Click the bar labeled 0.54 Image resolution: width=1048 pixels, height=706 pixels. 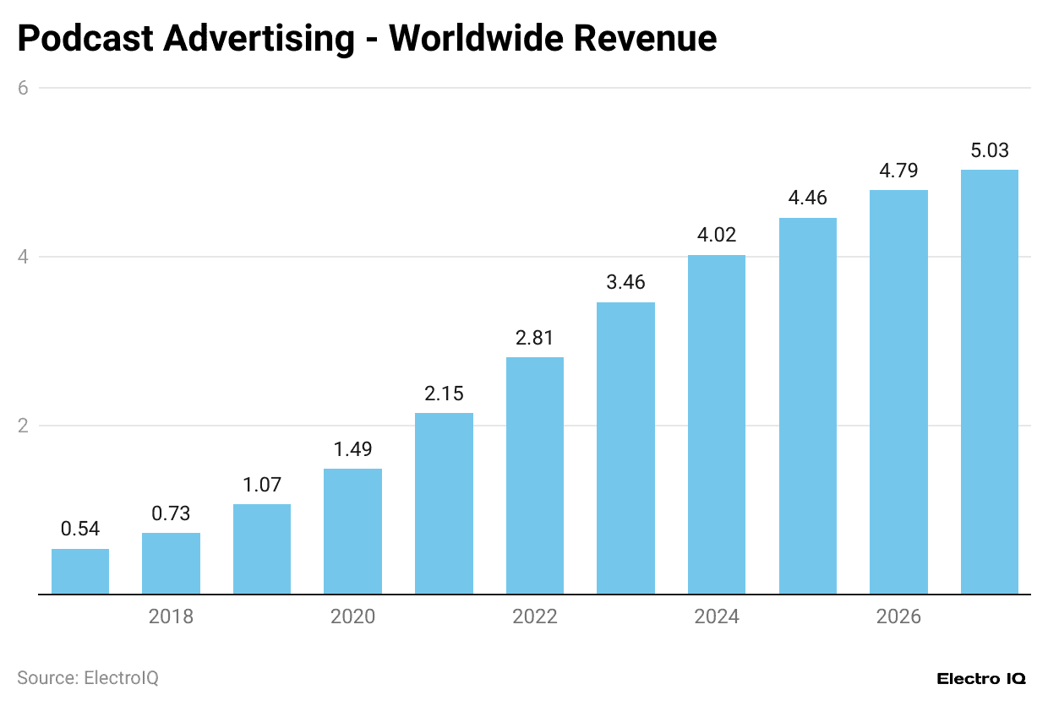[x=80, y=572]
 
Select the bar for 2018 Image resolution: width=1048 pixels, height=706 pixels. [x=171, y=563]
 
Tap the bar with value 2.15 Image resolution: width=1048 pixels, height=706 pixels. [x=444, y=503]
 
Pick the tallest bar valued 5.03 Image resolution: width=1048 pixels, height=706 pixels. [x=989, y=382]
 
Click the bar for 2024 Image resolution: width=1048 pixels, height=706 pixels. [x=716, y=425]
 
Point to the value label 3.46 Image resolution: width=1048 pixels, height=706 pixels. [x=625, y=282]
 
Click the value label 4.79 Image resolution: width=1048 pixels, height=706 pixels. [x=898, y=170]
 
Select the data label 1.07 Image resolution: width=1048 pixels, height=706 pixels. [x=262, y=485]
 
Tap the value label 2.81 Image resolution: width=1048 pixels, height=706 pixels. [x=534, y=338]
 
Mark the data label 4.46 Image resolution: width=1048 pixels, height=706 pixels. [x=807, y=198]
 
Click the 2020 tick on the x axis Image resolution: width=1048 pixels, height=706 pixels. [x=352, y=617]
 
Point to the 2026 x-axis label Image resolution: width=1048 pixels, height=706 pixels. [x=898, y=617]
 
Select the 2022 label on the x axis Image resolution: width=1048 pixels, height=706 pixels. [x=534, y=617]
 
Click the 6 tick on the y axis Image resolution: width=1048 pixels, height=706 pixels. [x=24, y=88]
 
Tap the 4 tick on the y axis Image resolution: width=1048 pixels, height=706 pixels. [x=24, y=257]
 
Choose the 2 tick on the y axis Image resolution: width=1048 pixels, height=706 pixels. [x=24, y=426]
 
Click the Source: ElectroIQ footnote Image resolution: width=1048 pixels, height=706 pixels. [x=88, y=677]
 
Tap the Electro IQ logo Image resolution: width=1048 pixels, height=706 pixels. [x=981, y=678]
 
